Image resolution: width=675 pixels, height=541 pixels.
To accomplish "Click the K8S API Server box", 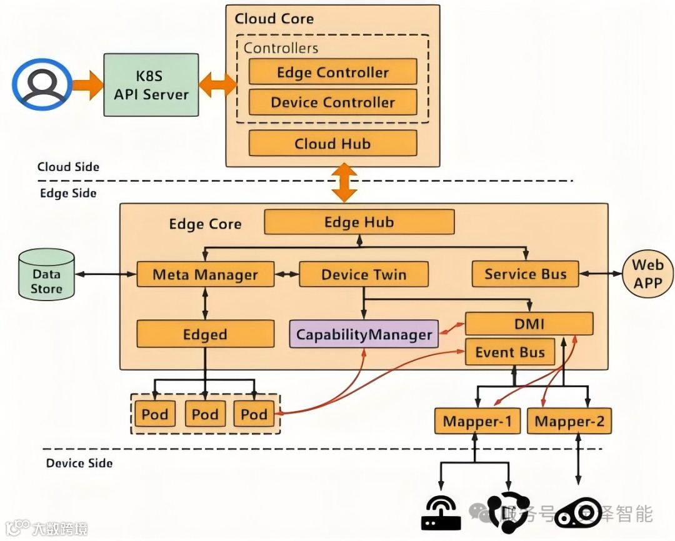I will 151,85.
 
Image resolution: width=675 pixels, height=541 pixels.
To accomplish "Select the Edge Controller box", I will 332,72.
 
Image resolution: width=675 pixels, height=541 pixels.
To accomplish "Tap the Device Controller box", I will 332,102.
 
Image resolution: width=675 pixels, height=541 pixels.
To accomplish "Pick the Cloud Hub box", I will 332,144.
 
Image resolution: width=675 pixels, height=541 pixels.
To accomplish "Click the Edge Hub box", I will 359,222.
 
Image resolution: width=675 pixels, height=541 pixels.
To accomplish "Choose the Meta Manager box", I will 205,274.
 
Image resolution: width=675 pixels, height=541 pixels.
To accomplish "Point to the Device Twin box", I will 364,274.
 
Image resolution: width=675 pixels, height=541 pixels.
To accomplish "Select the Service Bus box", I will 525,274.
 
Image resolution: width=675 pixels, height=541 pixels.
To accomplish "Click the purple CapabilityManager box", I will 364,334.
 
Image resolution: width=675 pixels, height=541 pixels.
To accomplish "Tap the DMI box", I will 529,324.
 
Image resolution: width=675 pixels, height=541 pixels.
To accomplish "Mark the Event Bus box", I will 510,352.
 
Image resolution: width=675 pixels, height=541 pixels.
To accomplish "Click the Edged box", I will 205,334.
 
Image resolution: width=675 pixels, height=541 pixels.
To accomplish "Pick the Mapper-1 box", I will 477,422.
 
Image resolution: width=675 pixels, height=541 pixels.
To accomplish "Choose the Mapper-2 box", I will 569,422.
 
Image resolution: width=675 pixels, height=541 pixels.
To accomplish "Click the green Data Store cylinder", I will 47,274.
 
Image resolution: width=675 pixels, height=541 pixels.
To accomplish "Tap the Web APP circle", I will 647,274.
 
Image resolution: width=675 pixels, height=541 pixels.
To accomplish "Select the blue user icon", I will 42,85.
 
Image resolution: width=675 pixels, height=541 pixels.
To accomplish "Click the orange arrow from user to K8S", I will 87,85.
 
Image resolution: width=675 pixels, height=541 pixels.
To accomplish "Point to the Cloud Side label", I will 68,167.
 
